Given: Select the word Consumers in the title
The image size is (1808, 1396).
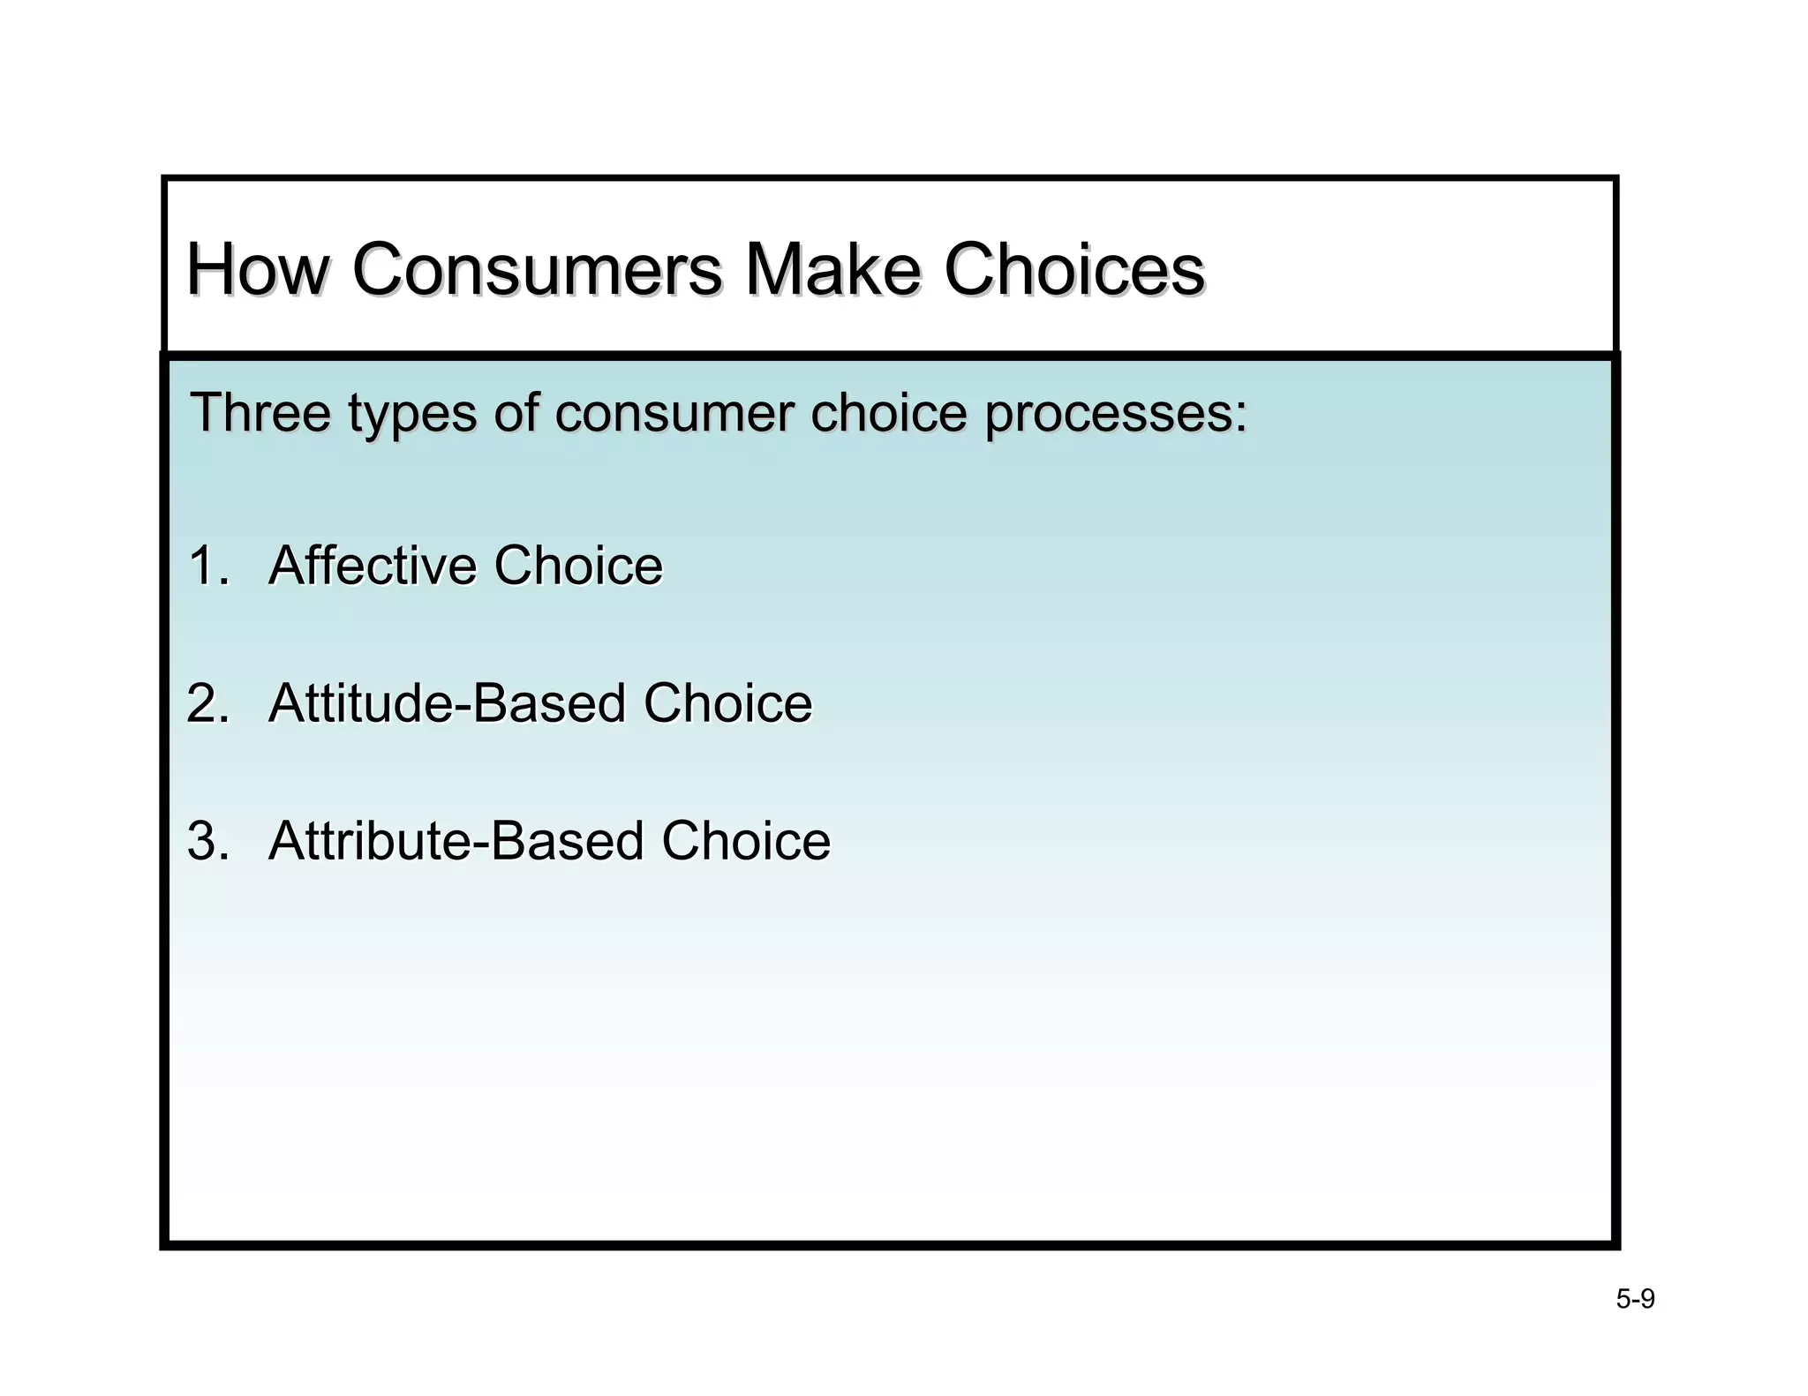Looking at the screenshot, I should click(x=537, y=269).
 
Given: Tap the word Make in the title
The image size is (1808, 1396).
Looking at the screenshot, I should click(x=832, y=269).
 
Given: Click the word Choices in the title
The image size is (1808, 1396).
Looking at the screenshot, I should click(x=1073, y=269).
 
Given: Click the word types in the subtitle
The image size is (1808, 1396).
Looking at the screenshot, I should click(x=411, y=415).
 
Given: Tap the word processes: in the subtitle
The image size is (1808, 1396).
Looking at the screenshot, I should click(x=1116, y=415).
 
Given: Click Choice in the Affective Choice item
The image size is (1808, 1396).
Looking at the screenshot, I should click(x=578, y=566).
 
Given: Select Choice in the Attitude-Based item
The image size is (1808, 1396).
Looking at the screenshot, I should click(x=727, y=703).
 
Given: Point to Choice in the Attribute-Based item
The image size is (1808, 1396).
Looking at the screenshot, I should click(x=746, y=841).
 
